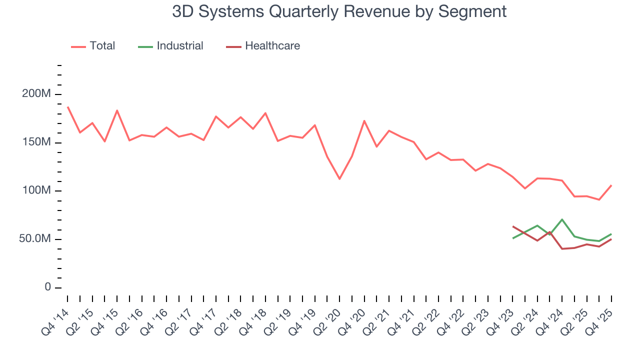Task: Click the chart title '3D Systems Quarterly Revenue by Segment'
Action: tap(339, 11)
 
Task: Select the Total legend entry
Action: tap(93, 46)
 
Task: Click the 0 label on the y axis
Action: tap(47, 287)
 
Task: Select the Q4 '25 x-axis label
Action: tap(603, 315)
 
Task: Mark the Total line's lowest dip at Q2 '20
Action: tap(339, 179)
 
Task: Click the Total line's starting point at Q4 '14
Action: tap(67, 106)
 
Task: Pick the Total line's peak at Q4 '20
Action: tap(364, 120)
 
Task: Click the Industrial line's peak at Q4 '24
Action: tap(562, 219)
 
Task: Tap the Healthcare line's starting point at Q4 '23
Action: tap(512, 226)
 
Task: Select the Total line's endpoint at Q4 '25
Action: tap(611, 185)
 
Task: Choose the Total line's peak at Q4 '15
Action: tap(117, 110)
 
